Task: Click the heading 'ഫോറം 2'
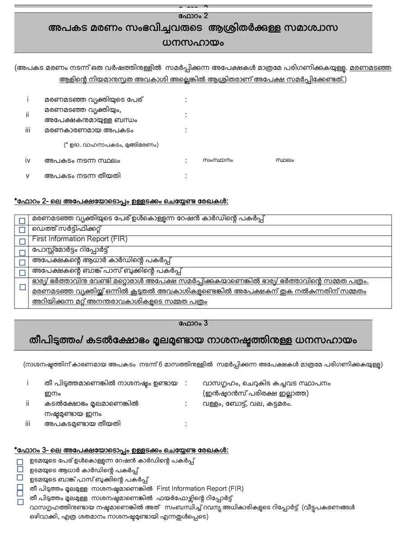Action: (x=193, y=16)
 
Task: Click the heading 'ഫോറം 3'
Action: (x=193, y=323)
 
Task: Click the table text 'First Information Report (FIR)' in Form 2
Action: (x=79, y=239)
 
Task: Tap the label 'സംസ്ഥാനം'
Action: (x=218, y=160)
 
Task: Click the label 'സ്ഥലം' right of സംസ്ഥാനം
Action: (x=284, y=160)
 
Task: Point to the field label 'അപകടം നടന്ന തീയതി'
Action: (x=83, y=175)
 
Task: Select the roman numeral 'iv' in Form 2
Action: (x=28, y=160)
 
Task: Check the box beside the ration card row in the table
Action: (x=22, y=220)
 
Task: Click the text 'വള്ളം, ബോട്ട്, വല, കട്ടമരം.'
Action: (x=247, y=403)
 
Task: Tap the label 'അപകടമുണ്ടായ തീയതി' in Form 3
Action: (x=83, y=424)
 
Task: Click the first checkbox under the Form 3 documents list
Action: (x=20, y=462)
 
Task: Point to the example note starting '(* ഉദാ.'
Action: (x=111, y=145)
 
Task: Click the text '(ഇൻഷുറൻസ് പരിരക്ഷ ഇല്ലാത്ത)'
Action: (x=256, y=393)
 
